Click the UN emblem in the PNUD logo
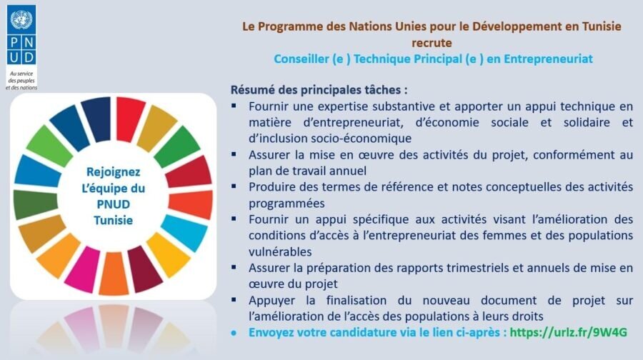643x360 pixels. click(21, 20)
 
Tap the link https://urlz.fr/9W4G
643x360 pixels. click(569, 332)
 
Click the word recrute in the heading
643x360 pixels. click(432, 43)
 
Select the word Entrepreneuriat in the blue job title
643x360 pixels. click(548, 59)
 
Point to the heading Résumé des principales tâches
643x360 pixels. click(319, 90)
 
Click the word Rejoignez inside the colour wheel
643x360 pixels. click(113, 172)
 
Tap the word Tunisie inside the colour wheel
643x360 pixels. click(113, 220)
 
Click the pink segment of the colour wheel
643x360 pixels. click(82, 269)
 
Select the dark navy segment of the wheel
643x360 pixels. click(96, 119)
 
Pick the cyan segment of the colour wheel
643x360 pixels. click(184, 232)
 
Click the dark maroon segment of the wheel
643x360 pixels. click(145, 269)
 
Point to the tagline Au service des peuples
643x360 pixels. click(21, 81)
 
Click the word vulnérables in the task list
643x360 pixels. click(280, 251)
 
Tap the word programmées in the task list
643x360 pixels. click(286, 204)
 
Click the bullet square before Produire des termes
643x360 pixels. click(234, 186)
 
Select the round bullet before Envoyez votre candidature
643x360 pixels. click(234, 333)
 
